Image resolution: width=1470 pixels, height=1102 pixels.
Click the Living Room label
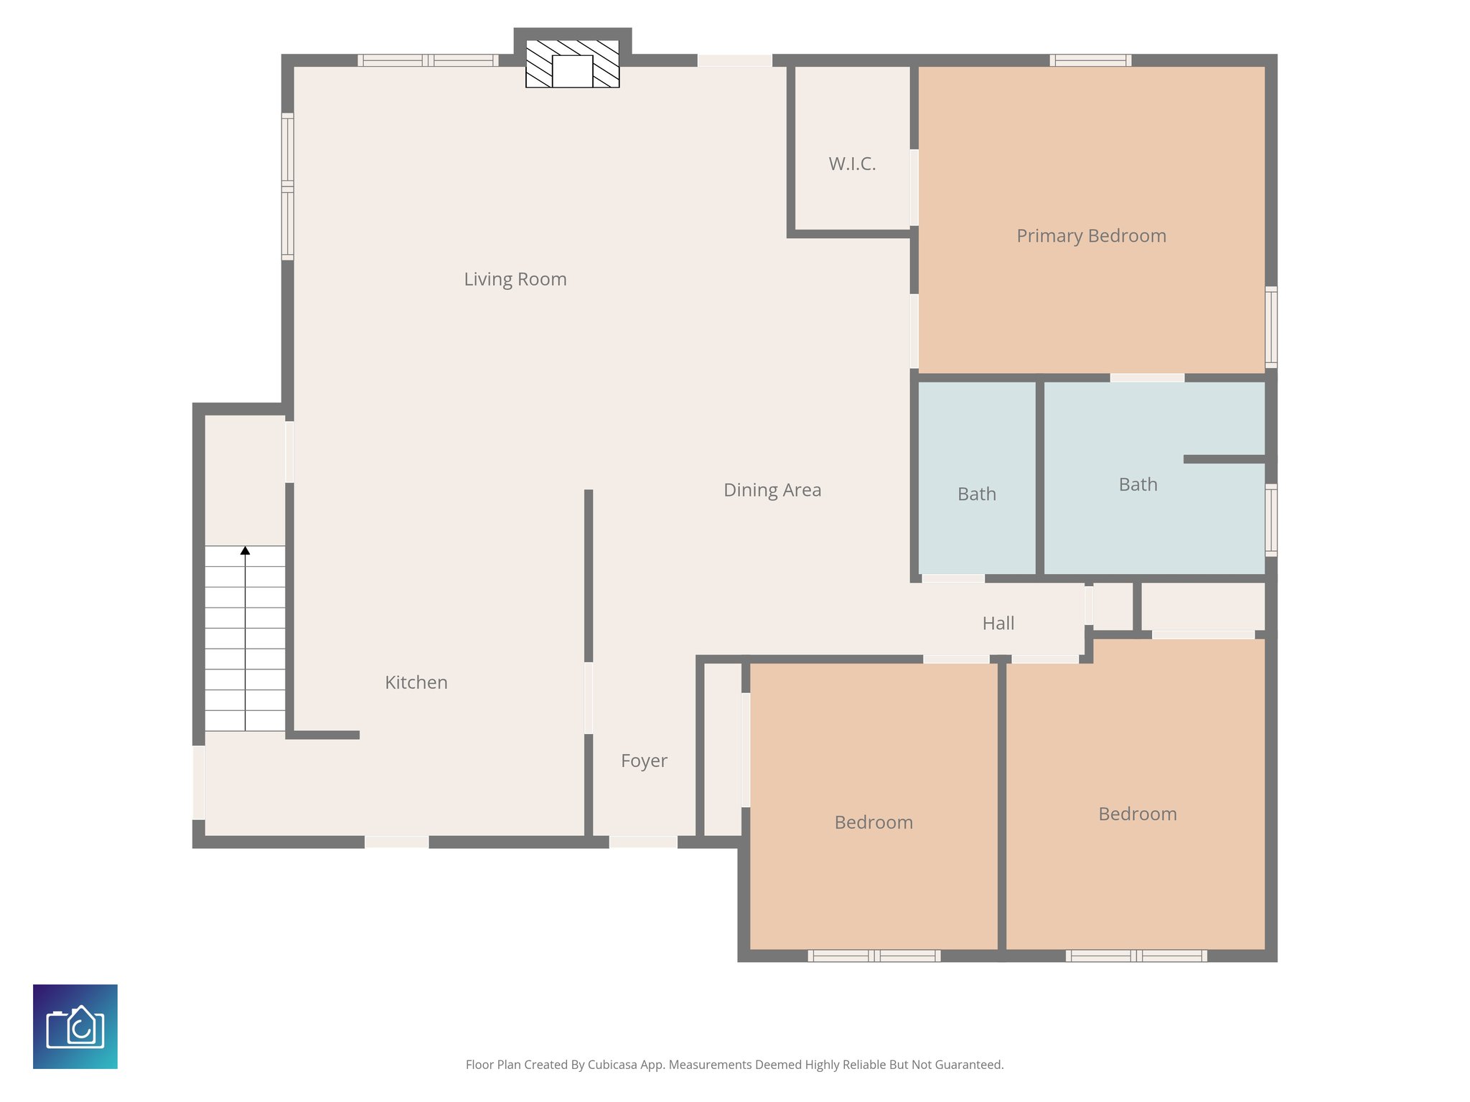tap(515, 279)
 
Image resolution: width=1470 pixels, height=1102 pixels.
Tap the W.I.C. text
tap(852, 164)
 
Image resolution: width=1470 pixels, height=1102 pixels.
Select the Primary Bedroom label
tap(1090, 236)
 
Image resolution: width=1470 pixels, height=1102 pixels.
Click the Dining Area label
tap(772, 490)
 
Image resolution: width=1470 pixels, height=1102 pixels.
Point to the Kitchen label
tap(416, 682)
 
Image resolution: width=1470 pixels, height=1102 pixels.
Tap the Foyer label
tap(643, 760)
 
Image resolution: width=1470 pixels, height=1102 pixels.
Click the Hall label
tap(998, 623)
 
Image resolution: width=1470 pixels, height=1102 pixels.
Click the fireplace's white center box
tap(572, 71)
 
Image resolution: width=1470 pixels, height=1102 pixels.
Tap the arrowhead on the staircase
tap(245, 551)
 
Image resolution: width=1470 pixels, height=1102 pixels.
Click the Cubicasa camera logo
tap(75, 1027)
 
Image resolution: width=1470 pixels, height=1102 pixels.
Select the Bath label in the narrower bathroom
tap(976, 494)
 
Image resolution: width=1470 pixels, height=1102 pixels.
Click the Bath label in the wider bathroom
tap(1138, 485)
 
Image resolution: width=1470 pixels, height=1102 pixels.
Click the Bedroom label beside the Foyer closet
tap(873, 822)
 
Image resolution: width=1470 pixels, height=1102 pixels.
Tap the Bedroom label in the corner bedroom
tap(1137, 814)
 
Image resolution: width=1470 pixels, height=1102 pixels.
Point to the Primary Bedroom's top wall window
tap(1090, 60)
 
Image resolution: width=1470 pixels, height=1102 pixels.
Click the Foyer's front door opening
tap(643, 842)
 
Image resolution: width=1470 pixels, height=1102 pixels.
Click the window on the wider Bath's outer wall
tap(1270, 520)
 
